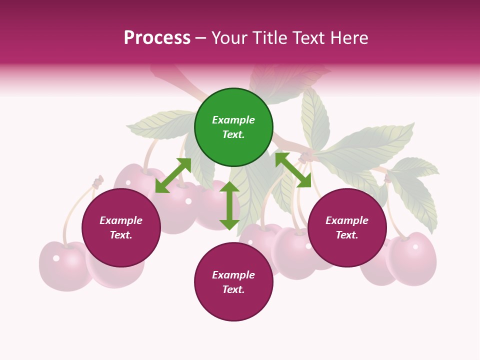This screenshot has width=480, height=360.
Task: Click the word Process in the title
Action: [157, 38]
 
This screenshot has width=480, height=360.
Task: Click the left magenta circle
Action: [121, 227]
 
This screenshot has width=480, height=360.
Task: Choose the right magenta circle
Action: [347, 227]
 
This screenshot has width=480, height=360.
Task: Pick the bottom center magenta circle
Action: [233, 281]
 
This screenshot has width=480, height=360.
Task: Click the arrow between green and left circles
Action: [173, 175]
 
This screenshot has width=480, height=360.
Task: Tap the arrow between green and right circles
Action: [293, 170]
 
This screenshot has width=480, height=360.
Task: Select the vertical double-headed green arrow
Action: [229, 205]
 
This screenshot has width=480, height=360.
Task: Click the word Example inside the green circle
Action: [233, 120]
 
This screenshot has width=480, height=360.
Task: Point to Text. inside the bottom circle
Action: [233, 289]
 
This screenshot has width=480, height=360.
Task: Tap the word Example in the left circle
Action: [121, 220]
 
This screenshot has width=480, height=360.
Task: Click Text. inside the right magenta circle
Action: [347, 235]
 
